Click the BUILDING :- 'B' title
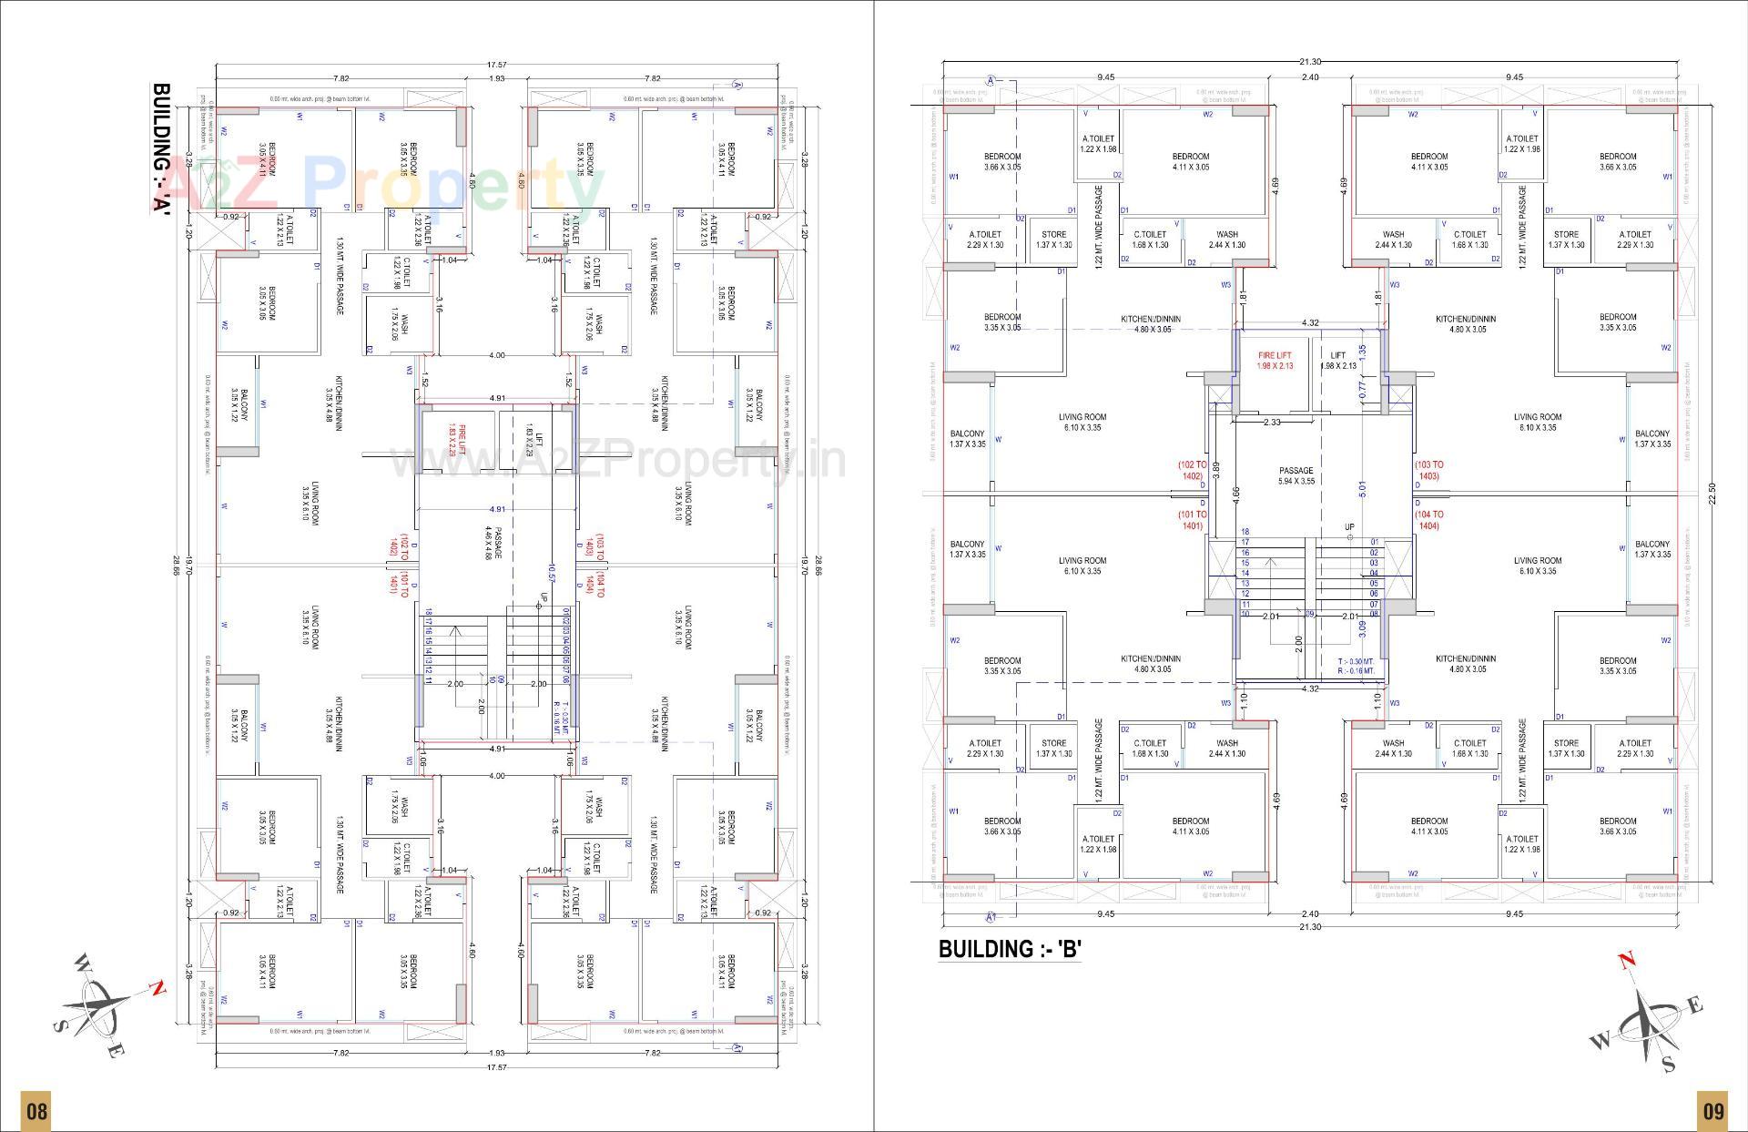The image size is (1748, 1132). tap(1009, 949)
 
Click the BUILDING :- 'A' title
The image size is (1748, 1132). tap(161, 148)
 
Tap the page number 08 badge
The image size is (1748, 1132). tap(36, 1111)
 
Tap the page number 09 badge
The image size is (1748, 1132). tap(1712, 1111)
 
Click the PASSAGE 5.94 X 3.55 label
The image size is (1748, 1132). tap(1296, 475)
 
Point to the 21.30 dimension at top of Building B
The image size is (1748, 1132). tap(1309, 62)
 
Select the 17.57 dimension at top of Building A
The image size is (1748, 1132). tap(496, 65)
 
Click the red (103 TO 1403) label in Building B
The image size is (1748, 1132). tap(1428, 470)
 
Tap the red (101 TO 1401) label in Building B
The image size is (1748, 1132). tap(1193, 520)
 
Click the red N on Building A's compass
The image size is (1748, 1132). tap(158, 987)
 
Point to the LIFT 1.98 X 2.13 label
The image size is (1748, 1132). tap(1337, 361)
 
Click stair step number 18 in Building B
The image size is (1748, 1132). tap(1245, 532)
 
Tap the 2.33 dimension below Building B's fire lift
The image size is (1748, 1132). tap(1272, 422)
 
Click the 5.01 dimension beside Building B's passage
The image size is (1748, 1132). tap(1362, 489)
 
